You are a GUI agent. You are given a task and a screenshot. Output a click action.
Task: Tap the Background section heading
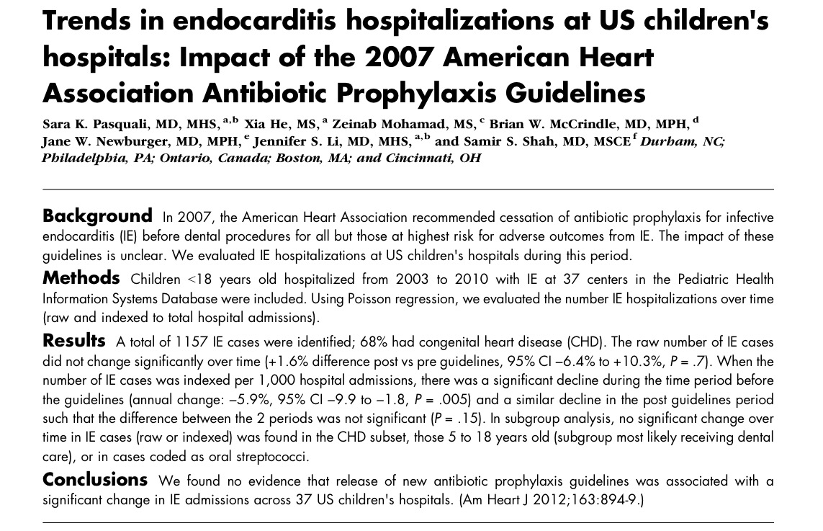(97, 216)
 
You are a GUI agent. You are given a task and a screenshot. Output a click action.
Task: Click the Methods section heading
(81, 278)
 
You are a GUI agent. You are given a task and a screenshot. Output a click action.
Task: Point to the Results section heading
(74, 340)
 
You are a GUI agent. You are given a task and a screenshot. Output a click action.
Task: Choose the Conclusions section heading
(95, 480)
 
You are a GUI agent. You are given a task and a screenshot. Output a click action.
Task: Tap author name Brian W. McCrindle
(552, 123)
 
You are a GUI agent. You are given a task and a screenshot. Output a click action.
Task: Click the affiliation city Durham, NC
(681, 141)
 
